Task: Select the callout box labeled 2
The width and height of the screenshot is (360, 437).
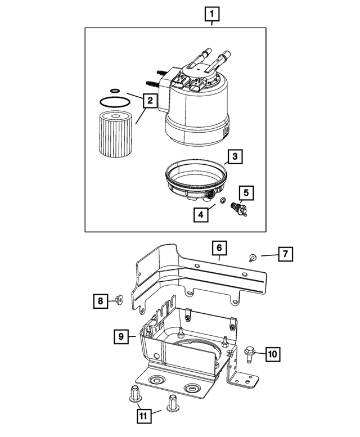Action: pos(149,101)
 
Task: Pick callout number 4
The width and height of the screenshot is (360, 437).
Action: pos(200,214)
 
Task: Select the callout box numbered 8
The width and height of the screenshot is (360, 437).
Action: pos(100,301)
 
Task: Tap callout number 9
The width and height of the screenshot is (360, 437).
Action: pos(120,336)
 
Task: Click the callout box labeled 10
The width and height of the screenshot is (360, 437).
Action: pos(272,354)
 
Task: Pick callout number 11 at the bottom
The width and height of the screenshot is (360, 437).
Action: pos(144,416)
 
